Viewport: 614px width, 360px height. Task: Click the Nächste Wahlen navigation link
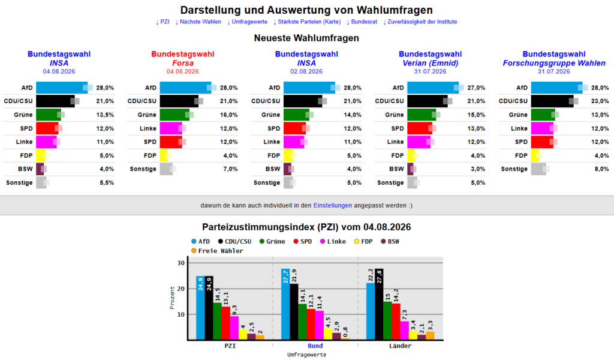pyautogui.click(x=198, y=22)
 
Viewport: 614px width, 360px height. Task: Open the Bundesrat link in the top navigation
pyautogui.click(x=362, y=22)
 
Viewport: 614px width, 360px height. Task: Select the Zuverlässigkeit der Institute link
pyautogui.click(x=420, y=22)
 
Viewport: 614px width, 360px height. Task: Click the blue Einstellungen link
pyautogui.click(x=332, y=205)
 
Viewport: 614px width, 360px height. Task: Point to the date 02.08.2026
pyautogui.click(x=306, y=71)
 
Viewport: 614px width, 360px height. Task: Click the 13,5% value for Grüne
pyautogui.click(x=105, y=115)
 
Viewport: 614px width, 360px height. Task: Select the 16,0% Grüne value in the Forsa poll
pyautogui.click(x=228, y=115)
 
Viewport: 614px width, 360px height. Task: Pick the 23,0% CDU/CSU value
pyautogui.click(x=600, y=101)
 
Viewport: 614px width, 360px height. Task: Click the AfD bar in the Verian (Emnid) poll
pyautogui.click(x=433, y=88)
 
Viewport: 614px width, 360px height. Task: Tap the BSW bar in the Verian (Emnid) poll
pyautogui.click(x=410, y=169)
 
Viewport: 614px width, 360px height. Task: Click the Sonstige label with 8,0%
pyautogui.click(x=514, y=169)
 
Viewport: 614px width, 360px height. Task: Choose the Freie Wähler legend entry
pyautogui.click(x=217, y=251)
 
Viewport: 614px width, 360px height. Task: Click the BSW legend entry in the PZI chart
pyautogui.click(x=390, y=241)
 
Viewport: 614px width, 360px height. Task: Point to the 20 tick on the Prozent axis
pyautogui.click(x=180, y=289)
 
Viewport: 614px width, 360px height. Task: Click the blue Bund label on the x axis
pyautogui.click(x=315, y=346)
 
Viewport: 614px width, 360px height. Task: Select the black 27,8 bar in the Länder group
pyautogui.click(x=379, y=304)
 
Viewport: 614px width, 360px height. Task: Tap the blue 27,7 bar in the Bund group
pyautogui.click(x=285, y=304)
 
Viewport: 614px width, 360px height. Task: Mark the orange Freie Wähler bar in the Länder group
pyautogui.click(x=430, y=335)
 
